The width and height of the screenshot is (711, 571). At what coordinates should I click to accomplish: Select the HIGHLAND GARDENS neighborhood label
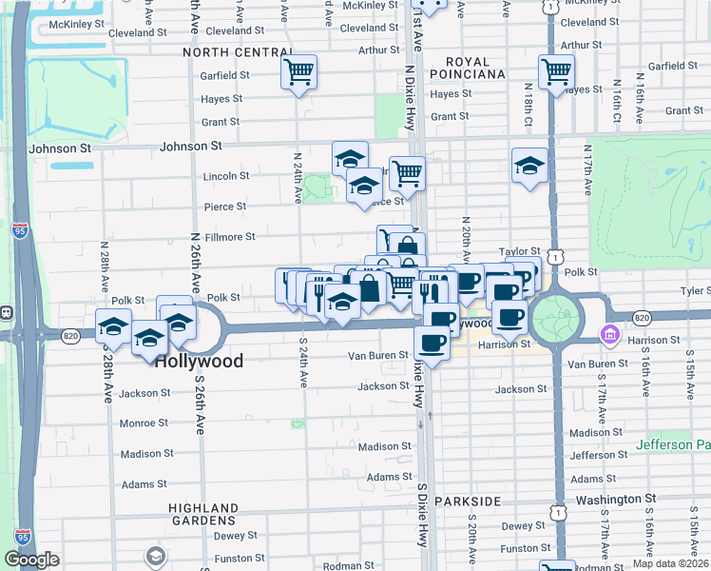(202, 514)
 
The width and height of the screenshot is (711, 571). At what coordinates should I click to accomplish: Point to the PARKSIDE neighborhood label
(468, 501)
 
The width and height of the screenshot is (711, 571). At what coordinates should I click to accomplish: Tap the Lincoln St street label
(226, 176)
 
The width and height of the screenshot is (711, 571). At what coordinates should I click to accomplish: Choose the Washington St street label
(615, 498)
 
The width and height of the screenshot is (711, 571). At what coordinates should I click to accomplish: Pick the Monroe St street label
(144, 423)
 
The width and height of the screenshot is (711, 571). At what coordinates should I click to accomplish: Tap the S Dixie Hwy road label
(421, 514)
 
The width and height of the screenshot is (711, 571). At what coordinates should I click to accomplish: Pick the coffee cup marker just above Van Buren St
(432, 343)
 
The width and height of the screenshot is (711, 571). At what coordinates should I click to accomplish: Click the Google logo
(31, 560)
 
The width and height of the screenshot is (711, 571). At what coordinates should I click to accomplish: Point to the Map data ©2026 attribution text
(670, 563)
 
